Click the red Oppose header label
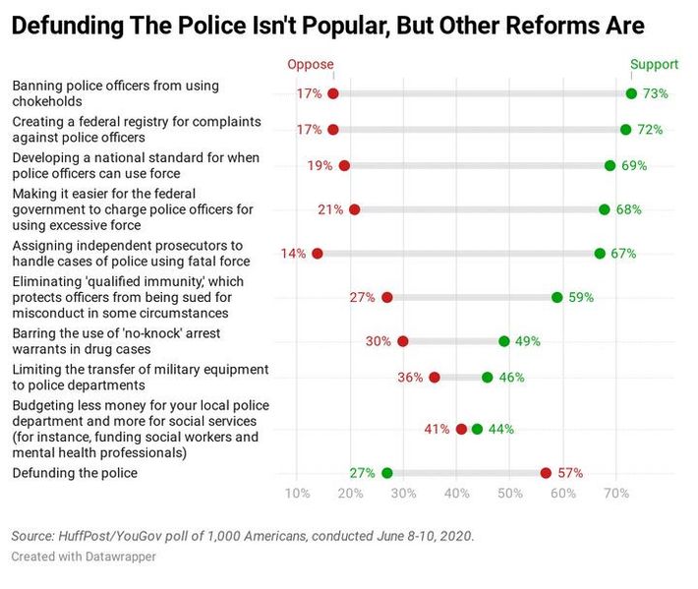point(310,65)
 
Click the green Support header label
point(654,65)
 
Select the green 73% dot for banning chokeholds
point(631,93)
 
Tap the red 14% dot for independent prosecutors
point(317,254)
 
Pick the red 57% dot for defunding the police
point(546,473)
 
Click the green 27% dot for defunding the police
point(386,473)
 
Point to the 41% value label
point(437,430)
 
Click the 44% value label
point(500,430)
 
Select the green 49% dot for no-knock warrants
point(504,341)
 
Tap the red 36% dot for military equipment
point(435,378)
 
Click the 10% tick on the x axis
point(297,493)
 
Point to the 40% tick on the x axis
point(456,493)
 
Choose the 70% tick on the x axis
point(615,493)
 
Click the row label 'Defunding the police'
point(75,473)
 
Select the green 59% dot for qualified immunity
point(557,297)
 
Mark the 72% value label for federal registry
point(650,130)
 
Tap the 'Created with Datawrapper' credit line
point(84,557)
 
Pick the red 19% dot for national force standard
point(343,166)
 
